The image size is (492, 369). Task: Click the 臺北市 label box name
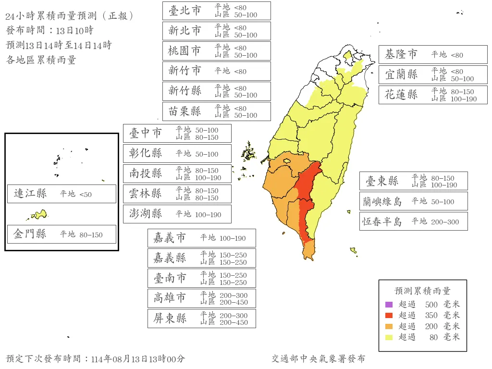[185, 11]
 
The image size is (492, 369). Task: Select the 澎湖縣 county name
[146, 214]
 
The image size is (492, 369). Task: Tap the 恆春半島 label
[382, 221]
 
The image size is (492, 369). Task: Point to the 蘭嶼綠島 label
[382, 201]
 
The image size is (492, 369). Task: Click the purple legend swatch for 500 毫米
[389, 304]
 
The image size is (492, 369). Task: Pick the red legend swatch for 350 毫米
[389, 315]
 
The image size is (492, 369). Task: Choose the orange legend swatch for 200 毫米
[389, 326]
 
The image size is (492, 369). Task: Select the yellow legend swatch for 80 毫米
[389, 337]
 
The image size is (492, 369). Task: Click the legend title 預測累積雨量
[422, 291]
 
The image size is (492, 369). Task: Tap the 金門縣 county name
[30, 234]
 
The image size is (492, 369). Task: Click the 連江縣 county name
[30, 194]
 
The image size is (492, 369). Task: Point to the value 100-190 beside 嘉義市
[233, 238]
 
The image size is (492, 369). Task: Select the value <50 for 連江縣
[85, 194]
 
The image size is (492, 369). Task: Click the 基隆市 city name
[401, 55]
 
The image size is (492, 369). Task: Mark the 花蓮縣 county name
[401, 95]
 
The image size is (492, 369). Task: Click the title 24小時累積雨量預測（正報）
[70, 16]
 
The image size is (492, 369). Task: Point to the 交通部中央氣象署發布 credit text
[318, 359]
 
